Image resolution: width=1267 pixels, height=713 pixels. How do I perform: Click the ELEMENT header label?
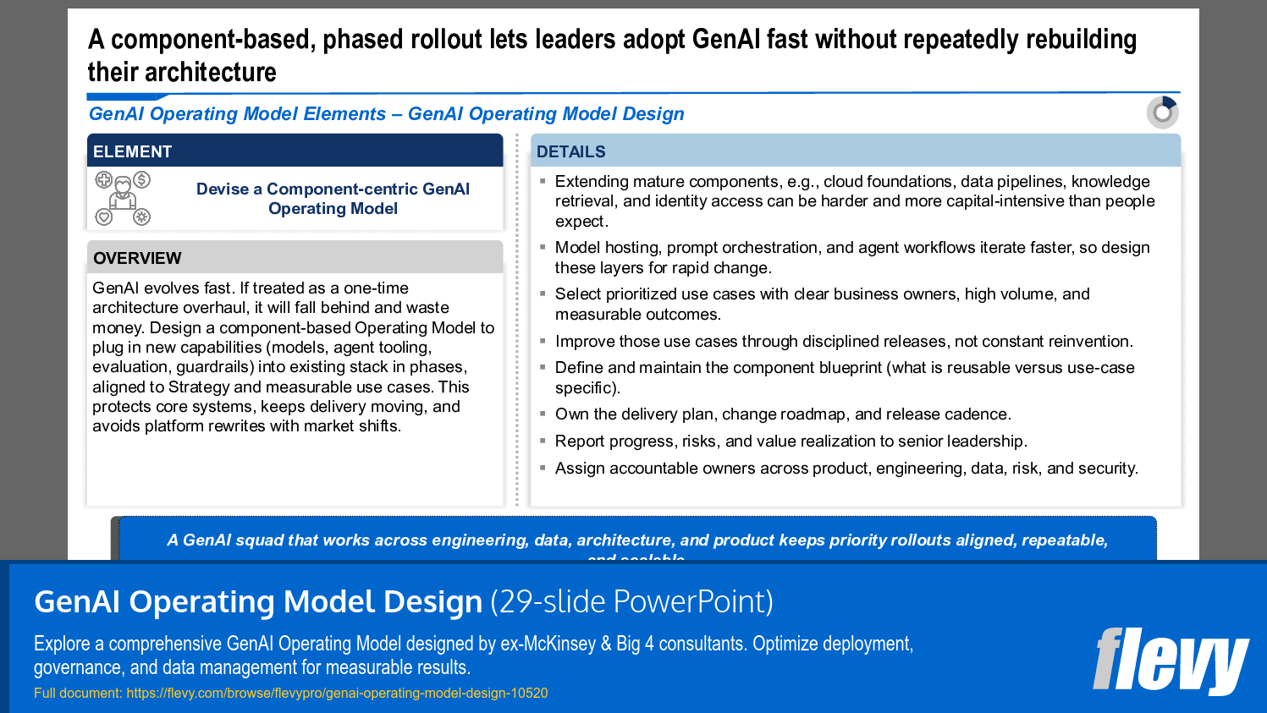[132, 152]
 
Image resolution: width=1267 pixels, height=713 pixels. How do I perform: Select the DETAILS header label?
[570, 152]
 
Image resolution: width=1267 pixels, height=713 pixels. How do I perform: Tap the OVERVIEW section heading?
[137, 258]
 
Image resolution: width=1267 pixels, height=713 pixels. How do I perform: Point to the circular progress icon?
[1163, 112]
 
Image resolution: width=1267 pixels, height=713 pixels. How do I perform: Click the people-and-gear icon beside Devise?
[123, 198]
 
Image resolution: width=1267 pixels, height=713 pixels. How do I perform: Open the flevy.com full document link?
[337, 694]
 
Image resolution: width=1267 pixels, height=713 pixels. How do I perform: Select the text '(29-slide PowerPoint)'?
[631, 602]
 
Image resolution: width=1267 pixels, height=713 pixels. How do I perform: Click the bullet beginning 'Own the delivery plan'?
[783, 414]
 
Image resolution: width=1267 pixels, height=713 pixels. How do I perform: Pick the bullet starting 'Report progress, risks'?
[790, 442]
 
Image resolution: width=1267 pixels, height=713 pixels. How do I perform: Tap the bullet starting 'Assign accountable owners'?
[846, 469]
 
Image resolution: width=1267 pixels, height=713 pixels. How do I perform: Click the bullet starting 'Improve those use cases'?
[843, 342]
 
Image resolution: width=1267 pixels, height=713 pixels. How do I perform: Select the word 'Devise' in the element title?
[223, 189]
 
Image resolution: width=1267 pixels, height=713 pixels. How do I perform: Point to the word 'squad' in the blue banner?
[261, 540]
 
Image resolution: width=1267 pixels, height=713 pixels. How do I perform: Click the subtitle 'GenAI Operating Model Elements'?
[237, 114]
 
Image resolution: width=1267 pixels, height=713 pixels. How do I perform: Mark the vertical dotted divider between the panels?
[517, 321]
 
